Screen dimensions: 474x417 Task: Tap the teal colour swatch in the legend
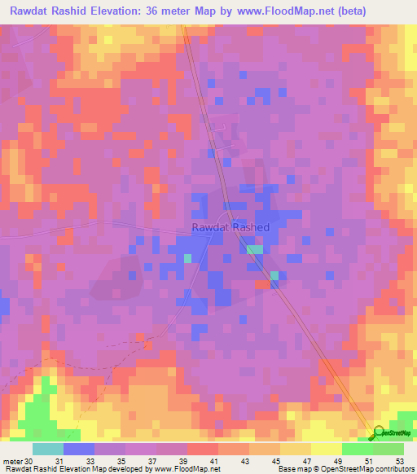[48, 449]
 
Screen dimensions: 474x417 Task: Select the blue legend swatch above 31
[79, 449]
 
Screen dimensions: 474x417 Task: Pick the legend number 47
[296, 460]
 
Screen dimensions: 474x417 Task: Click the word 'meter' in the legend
[11, 460]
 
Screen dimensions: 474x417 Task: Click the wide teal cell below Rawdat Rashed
[256, 250]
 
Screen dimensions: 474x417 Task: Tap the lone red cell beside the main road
[262, 284]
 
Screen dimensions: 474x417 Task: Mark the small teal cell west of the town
[187, 258]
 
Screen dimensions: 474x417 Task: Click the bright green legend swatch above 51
[358, 449]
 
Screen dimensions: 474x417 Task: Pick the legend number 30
[29, 460]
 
